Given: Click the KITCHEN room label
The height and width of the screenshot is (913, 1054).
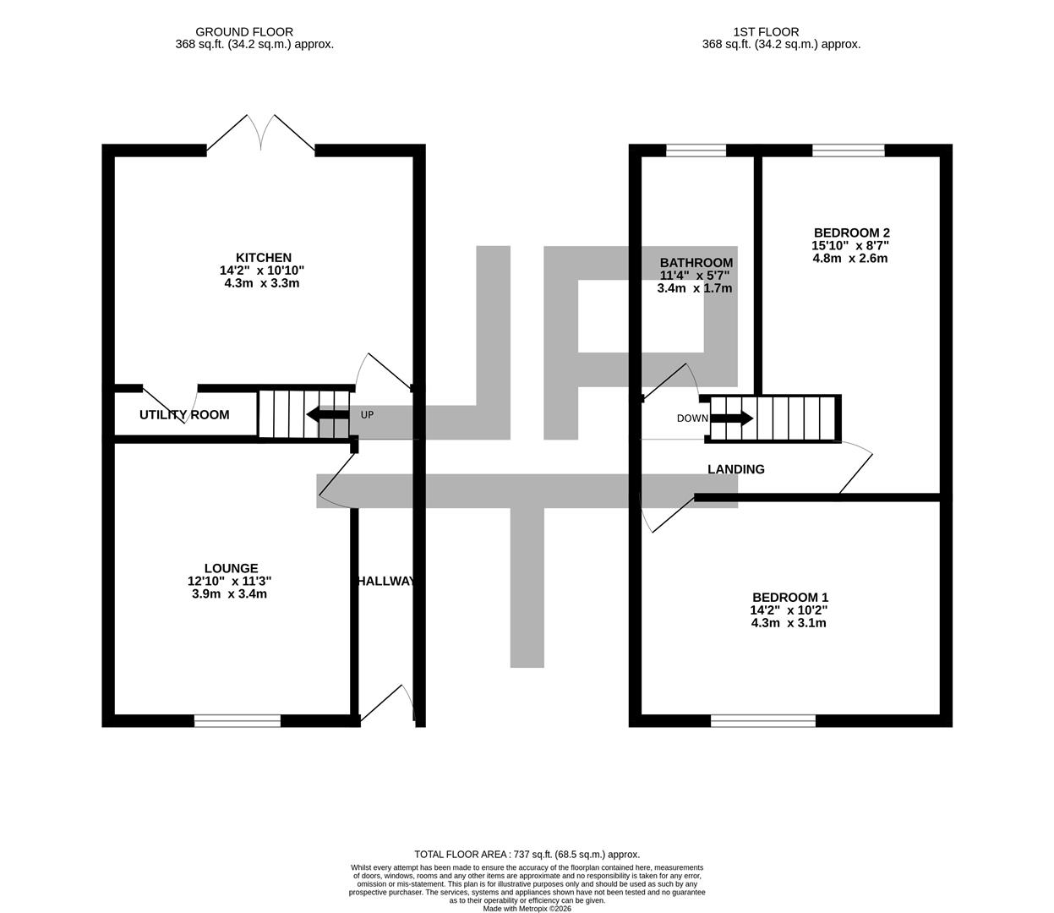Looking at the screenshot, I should pos(263,258).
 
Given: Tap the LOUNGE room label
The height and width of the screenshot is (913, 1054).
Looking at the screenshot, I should pos(231,568).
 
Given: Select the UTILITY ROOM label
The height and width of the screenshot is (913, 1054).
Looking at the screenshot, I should pos(184,415).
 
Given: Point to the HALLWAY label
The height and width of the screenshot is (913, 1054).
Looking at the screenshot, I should pos(385,582).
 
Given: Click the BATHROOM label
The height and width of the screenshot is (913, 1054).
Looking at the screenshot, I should pos(696,263).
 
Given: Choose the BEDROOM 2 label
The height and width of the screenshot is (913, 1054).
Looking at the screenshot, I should pos(851,232).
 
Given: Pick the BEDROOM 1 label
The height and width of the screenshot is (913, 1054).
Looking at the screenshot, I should pos(789,598).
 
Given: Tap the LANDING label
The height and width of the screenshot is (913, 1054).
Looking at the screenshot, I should pos(735,469).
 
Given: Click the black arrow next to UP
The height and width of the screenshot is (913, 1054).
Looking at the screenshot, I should pos(326,415).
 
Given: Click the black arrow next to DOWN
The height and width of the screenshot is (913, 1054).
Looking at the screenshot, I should pos(732,418).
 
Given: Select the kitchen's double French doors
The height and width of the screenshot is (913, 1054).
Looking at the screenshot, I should pos(260,135).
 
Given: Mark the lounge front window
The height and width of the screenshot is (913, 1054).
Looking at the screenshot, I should pos(238,720).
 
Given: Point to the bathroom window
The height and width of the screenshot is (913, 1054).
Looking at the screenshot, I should pos(696,151).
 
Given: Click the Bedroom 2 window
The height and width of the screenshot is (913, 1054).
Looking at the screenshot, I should pos(849,151).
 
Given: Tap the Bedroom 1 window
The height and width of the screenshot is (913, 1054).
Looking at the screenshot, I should pos(763,720).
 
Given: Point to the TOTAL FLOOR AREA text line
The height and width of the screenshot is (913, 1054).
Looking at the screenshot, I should pos(527,855).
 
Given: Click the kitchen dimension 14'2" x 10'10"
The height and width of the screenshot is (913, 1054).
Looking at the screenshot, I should pos(261,271).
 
